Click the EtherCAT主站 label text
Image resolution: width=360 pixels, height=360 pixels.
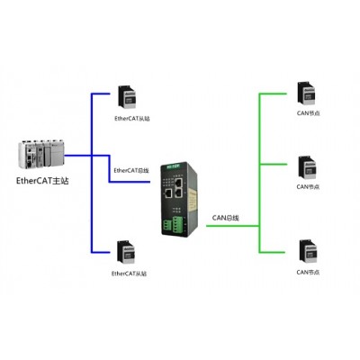pyautogui.click(x=42, y=181)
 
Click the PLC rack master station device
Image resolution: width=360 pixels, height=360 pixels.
pyautogui.click(x=41, y=153)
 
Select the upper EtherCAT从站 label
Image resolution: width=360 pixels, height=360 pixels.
pyautogui.click(x=132, y=119)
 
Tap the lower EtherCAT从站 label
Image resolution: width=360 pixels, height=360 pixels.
pyautogui.click(x=129, y=274)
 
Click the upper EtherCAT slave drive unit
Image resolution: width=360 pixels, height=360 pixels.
pyautogui.click(x=128, y=97)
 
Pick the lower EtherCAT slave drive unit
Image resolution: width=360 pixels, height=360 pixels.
pyautogui.click(x=126, y=252)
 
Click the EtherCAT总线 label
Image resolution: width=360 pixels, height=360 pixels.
pyautogui.click(x=131, y=171)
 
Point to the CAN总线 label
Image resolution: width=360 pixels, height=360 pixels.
pyautogui.click(x=226, y=218)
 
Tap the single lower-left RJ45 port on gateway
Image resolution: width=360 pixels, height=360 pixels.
pyautogui.click(x=168, y=193)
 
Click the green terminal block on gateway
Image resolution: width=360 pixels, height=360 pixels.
pyautogui.click(x=174, y=225)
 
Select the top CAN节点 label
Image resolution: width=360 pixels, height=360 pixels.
pyautogui.click(x=309, y=113)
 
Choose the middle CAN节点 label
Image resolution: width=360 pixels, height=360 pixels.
pyautogui.click(x=308, y=186)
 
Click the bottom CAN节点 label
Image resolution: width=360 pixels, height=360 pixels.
pyautogui.click(x=308, y=272)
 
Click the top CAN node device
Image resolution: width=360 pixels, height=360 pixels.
pyautogui.click(x=306, y=94)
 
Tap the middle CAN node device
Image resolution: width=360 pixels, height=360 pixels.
pyautogui.click(x=308, y=168)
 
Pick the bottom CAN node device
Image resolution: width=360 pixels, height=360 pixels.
pyautogui.click(x=308, y=251)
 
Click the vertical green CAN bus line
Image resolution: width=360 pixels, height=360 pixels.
pyautogui.click(x=259, y=173)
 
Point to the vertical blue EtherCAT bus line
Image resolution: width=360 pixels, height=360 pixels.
pyautogui.click(x=92, y=173)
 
